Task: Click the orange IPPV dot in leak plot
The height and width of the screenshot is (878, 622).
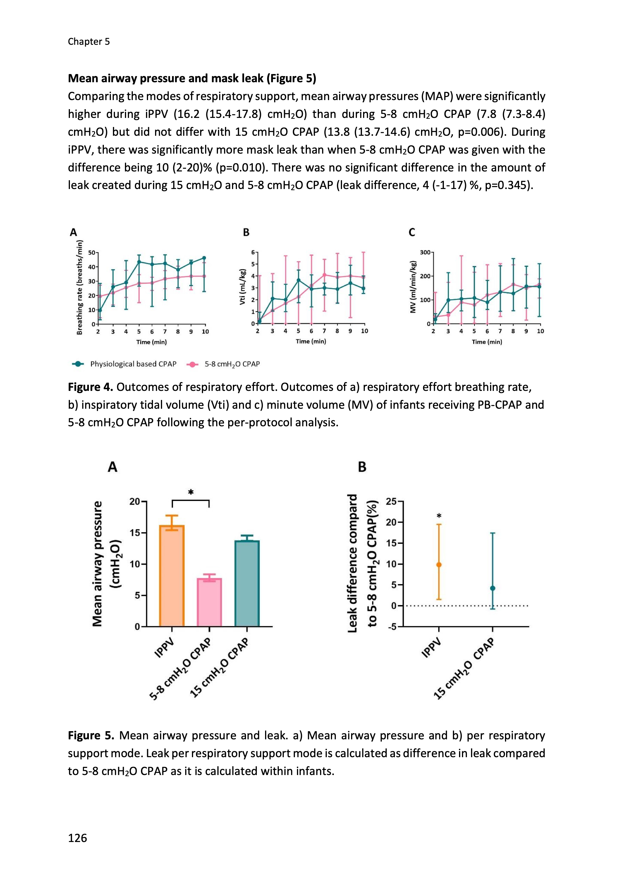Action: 439,565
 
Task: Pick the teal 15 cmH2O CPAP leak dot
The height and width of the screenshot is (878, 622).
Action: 493,588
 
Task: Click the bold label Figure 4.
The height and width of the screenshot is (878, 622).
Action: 90,387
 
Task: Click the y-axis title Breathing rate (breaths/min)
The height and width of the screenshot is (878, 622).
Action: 80,287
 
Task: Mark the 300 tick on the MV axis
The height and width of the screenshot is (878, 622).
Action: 425,252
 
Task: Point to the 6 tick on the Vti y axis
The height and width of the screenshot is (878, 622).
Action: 253,252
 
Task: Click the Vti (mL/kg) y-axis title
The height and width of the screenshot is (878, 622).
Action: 242,287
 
